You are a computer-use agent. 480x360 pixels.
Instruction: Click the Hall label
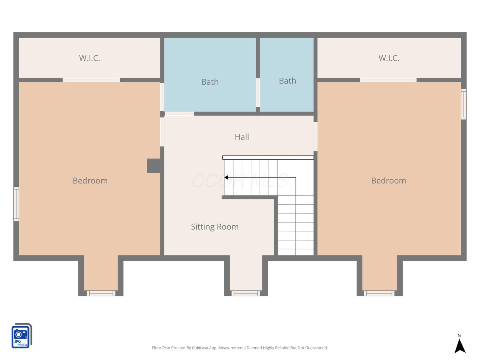pos(242,137)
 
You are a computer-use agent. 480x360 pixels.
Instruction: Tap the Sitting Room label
pos(215,227)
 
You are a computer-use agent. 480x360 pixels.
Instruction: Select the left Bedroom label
pos(90,181)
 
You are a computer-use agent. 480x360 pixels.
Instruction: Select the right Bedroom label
pos(389,181)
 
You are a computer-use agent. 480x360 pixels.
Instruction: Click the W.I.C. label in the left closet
pos(90,58)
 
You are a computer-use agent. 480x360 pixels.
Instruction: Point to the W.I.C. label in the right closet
pos(389,58)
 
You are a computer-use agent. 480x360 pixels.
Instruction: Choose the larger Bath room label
pos(210,82)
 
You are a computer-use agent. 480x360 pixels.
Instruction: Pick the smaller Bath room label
pos(288,81)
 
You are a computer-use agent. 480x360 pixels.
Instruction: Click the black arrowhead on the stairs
pos(226,178)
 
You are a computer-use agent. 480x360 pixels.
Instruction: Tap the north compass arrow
pos(460,346)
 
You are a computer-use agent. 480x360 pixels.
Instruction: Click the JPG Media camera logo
pos(22,335)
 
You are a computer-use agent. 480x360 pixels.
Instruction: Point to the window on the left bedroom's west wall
pos(16,204)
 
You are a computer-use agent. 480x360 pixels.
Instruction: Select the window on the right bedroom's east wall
pos(463,104)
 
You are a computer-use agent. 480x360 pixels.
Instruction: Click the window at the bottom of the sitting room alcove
pos(246,293)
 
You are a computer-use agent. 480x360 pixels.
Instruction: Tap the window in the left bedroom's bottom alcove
pos(101,293)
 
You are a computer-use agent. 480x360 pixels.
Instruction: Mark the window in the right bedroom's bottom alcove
pos(379,293)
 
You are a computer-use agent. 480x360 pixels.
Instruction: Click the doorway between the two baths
pos(258,93)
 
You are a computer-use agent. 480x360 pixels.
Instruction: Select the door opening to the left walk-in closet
pos(91,80)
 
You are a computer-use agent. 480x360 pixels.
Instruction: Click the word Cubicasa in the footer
pos(200,348)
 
